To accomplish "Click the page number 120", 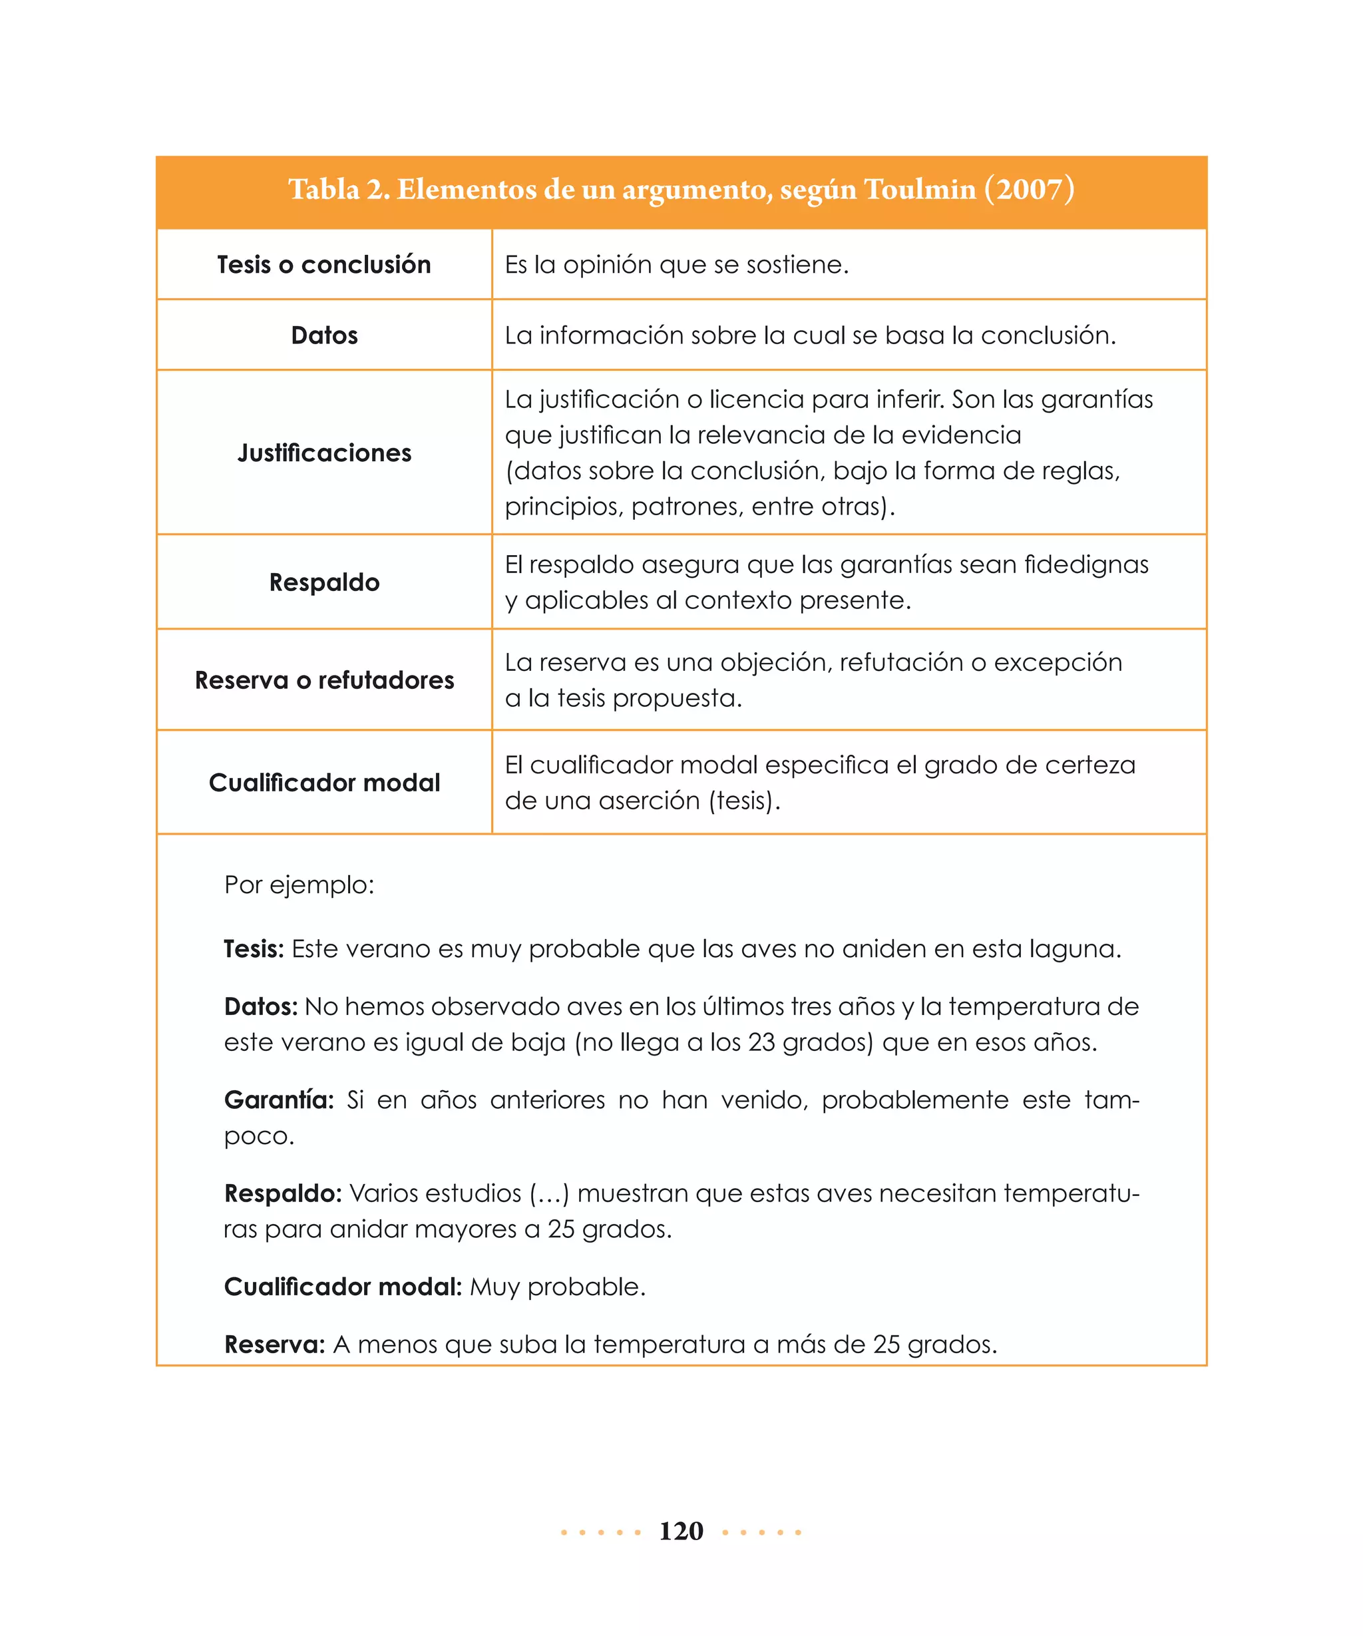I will tap(681, 1531).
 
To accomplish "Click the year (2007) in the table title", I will tap(1029, 189).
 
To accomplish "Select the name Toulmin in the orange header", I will tap(920, 189).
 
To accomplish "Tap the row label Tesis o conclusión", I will tap(324, 265).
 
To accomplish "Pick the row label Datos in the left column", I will tap(324, 335).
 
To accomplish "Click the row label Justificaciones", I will tap(324, 453).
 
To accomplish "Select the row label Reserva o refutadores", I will tap(324, 680).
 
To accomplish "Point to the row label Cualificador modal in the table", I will tap(324, 782).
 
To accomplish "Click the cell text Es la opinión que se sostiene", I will tap(676, 265).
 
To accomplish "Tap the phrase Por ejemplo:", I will tap(299, 885).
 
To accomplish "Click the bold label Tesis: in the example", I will tap(253, 949).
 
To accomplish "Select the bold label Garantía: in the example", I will tap(279, 1100).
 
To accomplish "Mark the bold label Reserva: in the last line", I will tap(274, 1344).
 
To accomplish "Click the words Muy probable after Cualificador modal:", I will tap(557, 1287).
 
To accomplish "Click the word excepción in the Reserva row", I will tap(1058, 662).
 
